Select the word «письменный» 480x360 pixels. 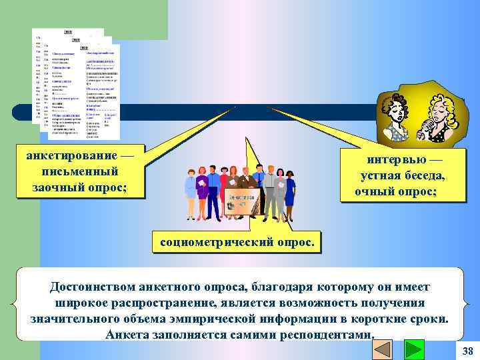coord(79,171)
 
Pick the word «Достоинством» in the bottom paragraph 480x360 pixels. coord(93,287)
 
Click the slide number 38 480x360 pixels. coord(467,351)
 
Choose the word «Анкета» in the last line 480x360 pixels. coord(127,333)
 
